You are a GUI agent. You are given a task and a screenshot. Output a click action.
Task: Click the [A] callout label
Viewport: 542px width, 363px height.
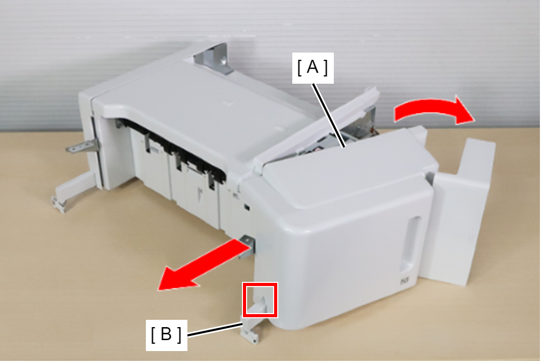[x=313, y=68]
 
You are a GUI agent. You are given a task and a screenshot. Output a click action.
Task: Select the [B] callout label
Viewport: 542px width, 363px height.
[x=166, y=335]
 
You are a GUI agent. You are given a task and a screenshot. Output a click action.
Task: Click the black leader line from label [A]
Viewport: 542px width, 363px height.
[x=329, y=115]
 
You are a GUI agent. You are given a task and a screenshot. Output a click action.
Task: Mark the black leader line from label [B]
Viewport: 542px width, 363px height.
[x=215, y=329]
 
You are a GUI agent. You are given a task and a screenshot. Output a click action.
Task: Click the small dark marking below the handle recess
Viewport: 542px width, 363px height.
[x=404, y=281]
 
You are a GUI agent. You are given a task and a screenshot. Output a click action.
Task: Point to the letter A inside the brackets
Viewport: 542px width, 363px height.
[x=313, y=67]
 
